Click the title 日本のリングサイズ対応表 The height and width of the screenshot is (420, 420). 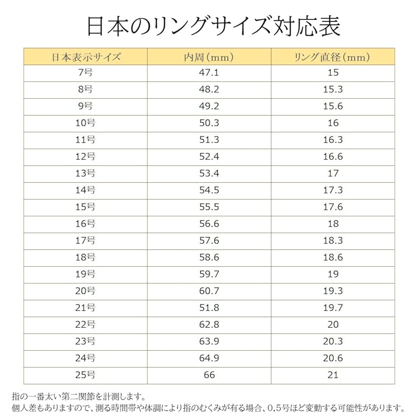point(210,26)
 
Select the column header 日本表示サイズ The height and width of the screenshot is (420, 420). point(86,56)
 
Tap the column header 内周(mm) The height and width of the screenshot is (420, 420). point(209,56)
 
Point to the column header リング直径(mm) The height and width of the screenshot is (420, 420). point(333,56)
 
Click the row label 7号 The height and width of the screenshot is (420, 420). point(86,73)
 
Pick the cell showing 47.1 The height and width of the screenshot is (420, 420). point(209,73)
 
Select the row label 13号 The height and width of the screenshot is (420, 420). point(86,174)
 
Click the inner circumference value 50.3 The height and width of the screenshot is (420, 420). point(209,123)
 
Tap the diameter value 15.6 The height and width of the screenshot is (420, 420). point(333,107)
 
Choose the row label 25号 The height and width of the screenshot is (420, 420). point(86,375)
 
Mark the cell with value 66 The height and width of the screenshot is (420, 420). point(209,375)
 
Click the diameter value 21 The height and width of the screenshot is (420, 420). point(333,375)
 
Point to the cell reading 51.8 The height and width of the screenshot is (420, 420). point(209,308)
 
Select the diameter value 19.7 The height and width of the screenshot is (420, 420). point(333,308)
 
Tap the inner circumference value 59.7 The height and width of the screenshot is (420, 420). point(209,274)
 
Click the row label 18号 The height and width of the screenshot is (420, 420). point(86,257)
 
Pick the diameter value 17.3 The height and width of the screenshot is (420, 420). point(333,191)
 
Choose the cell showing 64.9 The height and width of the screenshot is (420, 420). point(209,358)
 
